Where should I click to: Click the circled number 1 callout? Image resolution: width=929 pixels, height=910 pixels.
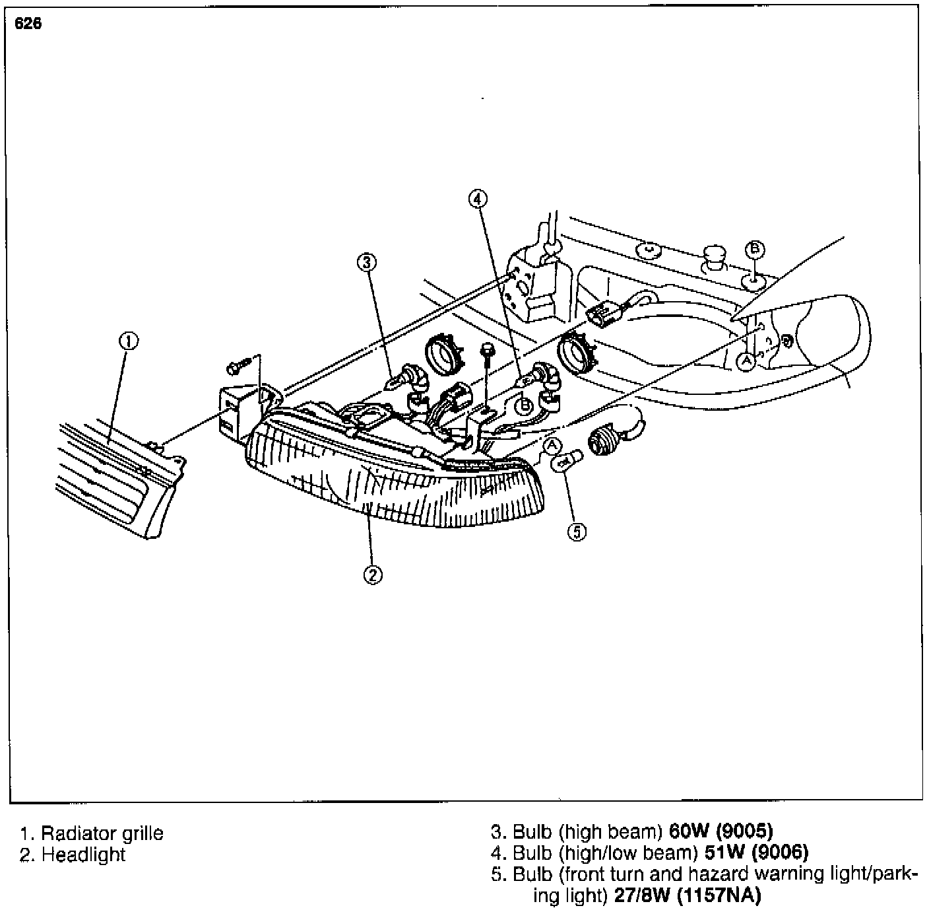(x=128, y=341)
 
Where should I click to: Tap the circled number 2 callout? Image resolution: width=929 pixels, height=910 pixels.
(x=373, y=575)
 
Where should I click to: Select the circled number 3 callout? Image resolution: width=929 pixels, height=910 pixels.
(x=367, y=262)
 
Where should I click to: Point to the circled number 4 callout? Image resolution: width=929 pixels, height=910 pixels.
(x=478, y=197)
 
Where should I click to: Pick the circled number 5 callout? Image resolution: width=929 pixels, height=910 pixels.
(x=577, y=532)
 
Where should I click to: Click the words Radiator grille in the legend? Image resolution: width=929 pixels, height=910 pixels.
(x=102, y=833)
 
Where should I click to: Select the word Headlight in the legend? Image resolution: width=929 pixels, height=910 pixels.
(x=83, y=855)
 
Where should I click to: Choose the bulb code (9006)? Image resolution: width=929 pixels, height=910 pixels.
(x=780, y=852)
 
